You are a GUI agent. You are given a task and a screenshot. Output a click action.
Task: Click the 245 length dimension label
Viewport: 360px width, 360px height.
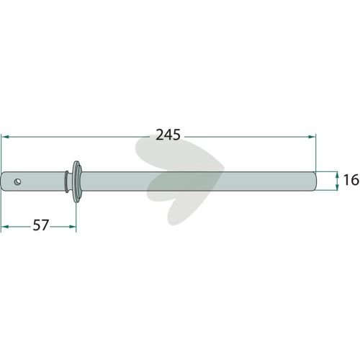(168, 135)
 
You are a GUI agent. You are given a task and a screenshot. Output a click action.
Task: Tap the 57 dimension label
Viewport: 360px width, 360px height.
(41, 225)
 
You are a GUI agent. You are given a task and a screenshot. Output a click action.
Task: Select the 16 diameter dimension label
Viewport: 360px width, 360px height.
(351, 180)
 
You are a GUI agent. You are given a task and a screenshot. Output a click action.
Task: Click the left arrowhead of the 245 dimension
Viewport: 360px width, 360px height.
(5, 137)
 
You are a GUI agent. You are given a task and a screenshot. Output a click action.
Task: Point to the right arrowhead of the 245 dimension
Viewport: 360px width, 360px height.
(312, 137)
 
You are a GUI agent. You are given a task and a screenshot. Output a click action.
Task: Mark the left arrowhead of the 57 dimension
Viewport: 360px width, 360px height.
(5, 227)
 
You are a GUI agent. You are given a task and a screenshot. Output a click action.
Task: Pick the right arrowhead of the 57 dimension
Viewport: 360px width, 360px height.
(72, 227)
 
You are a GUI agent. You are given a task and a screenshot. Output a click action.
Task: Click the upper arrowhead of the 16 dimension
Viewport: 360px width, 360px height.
(337, 175)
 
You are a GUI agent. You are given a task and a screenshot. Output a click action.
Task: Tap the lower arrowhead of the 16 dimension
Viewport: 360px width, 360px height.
(337, 187)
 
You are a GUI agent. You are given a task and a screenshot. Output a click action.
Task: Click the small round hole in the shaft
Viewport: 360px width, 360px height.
(17, 181)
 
